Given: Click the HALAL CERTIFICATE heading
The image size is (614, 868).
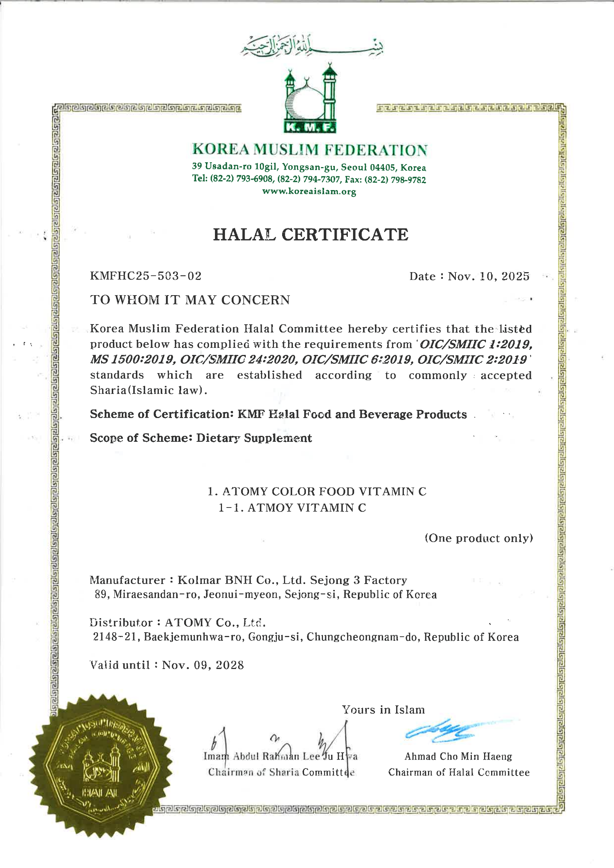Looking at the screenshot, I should (x=310, y=234).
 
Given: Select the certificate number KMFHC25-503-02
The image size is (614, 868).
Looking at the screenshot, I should (x=146, y=275).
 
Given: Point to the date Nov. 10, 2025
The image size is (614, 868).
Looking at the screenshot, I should (x=489, y=276).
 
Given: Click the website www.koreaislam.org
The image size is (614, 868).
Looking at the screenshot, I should (x=309, y=191).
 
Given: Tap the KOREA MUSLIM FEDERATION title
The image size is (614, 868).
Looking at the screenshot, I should (x=310, y=150).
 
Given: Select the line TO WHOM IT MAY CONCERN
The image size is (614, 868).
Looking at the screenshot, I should (x=190, y=300).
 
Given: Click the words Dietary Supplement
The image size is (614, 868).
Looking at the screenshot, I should (x=254, y=438).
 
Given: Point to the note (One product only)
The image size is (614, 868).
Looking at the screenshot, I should (x=479, y=538).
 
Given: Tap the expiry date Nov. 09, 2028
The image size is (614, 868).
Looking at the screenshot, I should (x=203, y=665).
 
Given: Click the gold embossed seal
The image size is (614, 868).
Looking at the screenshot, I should (x=100, y=766).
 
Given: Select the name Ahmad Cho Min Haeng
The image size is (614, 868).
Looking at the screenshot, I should (x=458, y=756).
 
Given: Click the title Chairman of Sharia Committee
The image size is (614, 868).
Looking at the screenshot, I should (x=281, y=772).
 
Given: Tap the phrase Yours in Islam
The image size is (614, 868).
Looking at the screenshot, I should (x=383, y=709).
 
